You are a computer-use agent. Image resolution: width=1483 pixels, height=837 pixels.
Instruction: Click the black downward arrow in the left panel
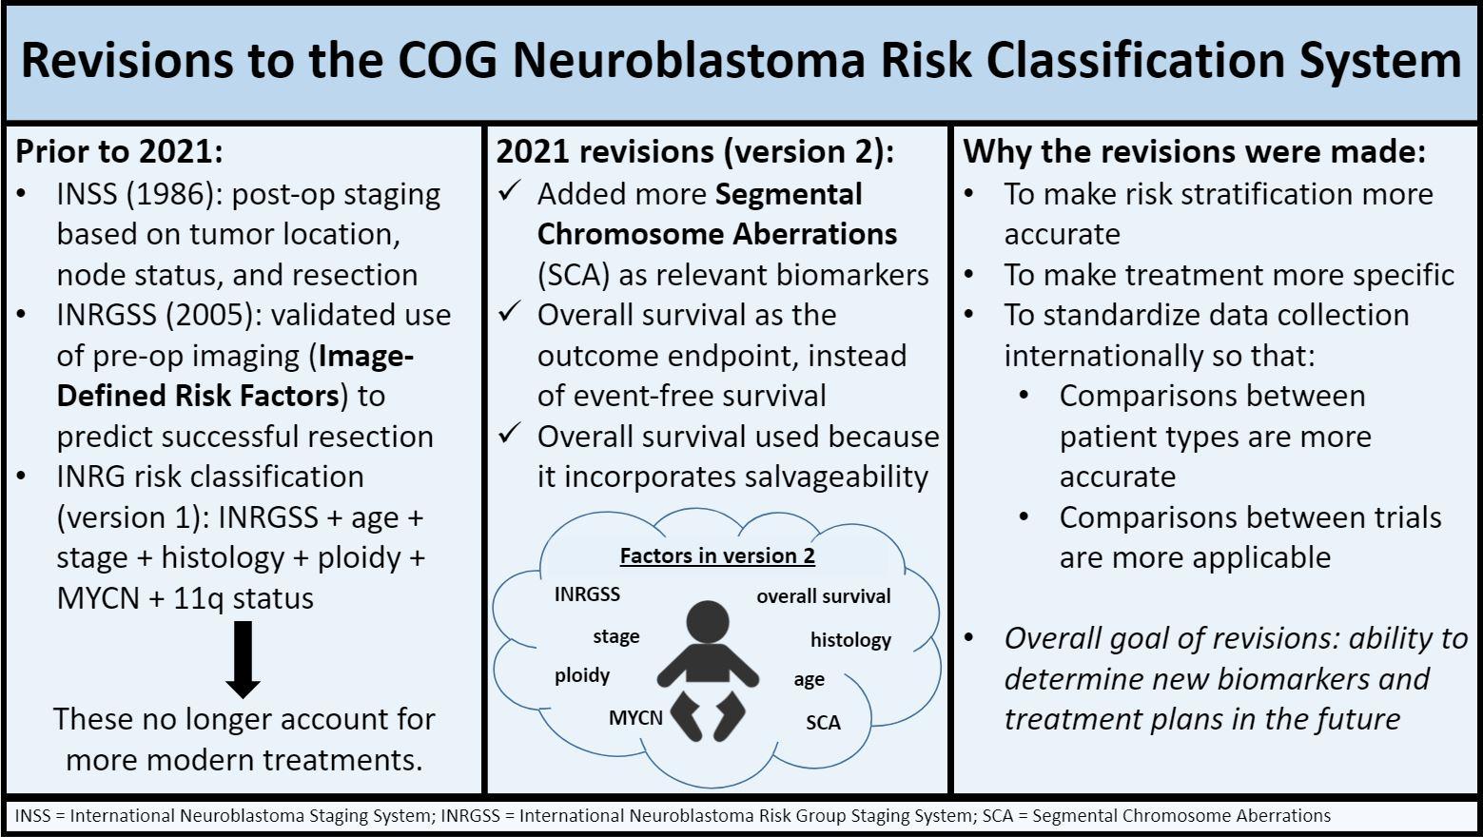tap(243, 659)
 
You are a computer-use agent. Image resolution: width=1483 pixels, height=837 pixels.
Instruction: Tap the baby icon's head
tap(708, 622)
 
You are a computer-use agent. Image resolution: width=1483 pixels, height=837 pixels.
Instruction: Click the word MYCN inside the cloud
tap(635, 718)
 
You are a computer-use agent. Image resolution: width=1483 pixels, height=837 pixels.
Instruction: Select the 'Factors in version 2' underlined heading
tap(717, 555)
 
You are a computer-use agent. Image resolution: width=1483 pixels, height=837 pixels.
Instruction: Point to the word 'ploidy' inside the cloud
tap(582, 676)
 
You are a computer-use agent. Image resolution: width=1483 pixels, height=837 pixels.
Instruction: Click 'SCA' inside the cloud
tap(823, 722)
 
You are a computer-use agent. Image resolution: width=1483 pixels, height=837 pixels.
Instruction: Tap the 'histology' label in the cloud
tap(850, 640)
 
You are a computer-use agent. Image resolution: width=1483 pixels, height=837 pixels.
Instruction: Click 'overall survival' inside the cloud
tap(824, 596)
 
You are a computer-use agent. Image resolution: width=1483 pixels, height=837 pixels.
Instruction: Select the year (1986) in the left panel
tap(175, 195)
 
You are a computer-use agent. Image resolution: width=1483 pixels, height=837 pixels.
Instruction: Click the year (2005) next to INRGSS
tap(214, 315)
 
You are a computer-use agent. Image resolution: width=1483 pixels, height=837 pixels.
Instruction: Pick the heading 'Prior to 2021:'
tap(119, 151)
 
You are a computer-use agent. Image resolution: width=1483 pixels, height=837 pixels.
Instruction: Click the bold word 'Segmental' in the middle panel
tap(789, 195)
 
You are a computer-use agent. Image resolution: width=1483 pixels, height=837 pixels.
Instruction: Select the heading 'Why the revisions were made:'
tap(1195, 151)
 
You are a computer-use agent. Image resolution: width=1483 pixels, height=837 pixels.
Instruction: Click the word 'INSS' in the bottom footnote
tap(33, 816)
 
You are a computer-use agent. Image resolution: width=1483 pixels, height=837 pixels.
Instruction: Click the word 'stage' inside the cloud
tap(616, 637)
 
